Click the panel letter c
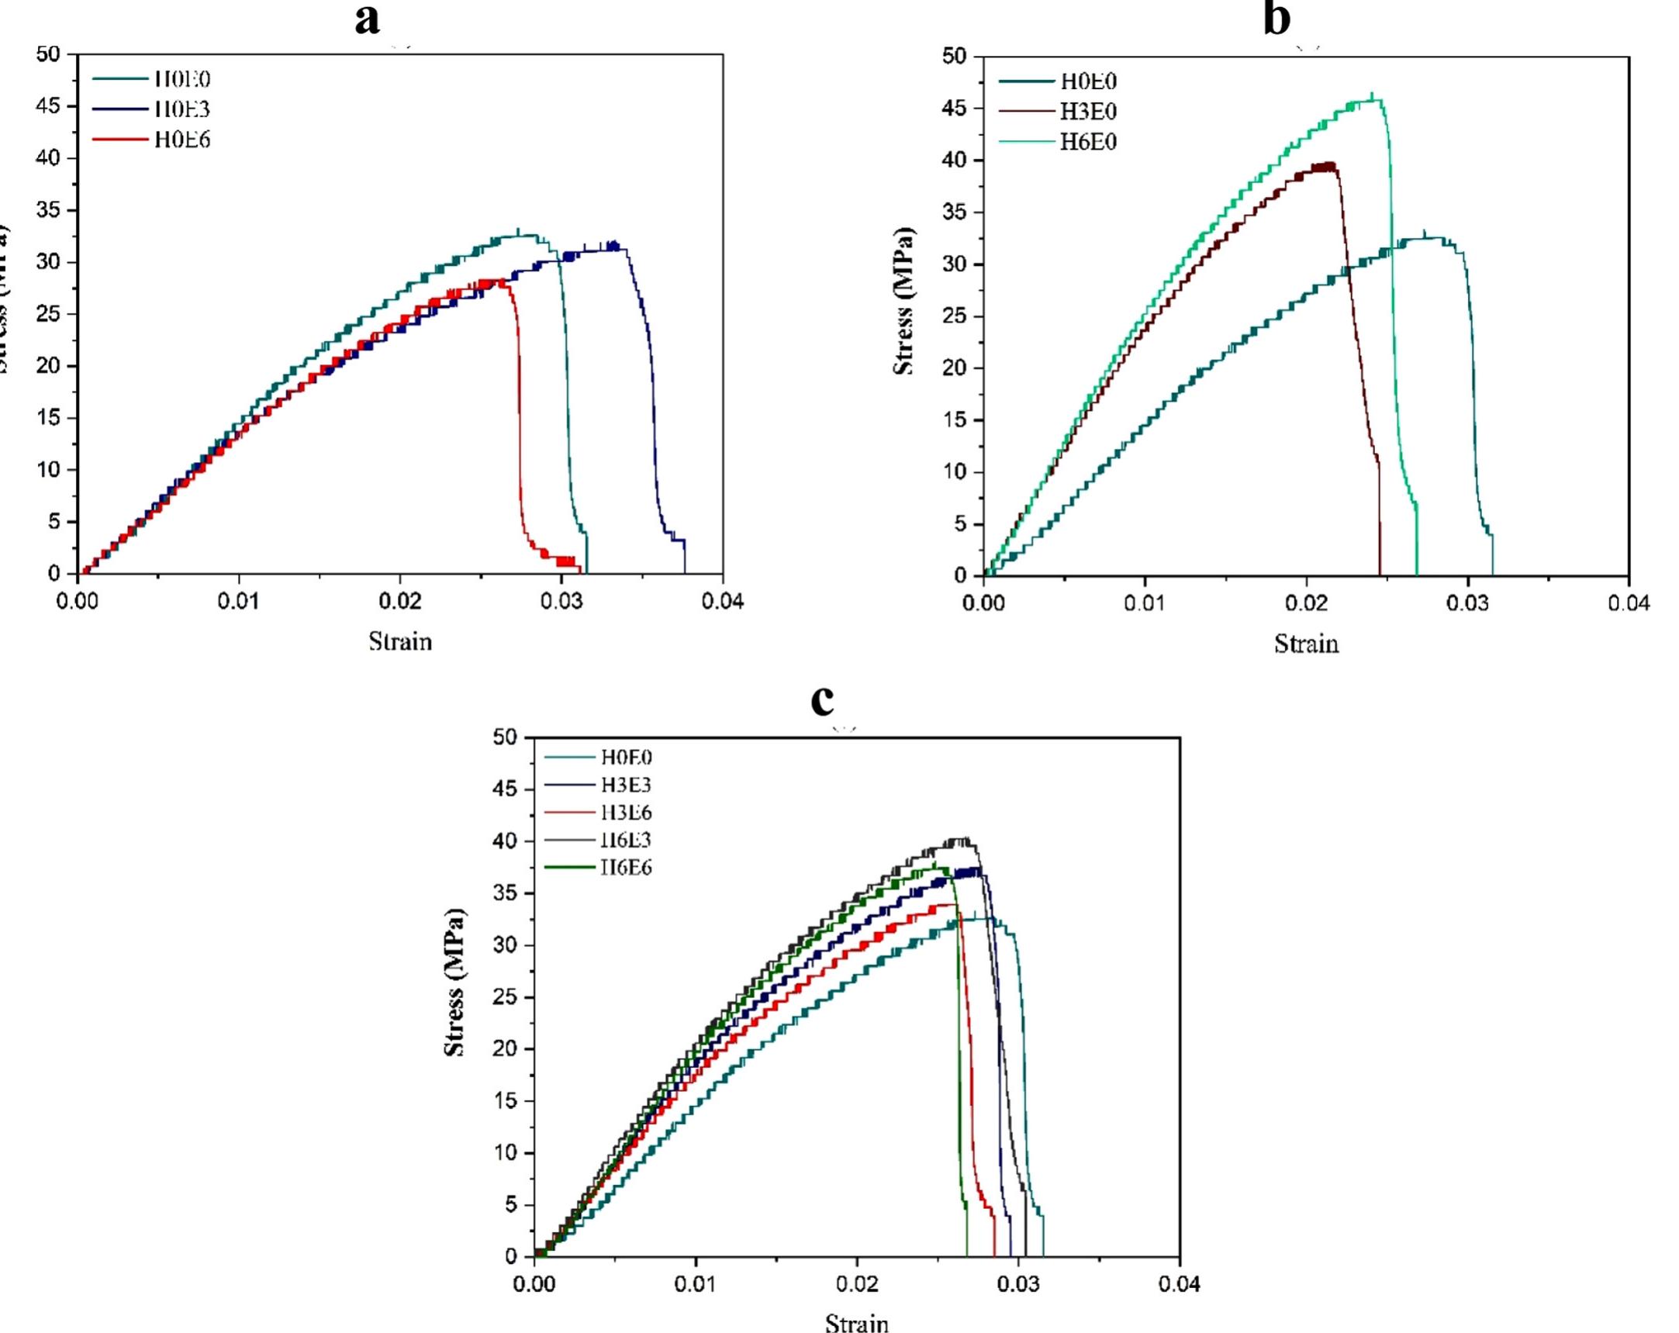click(822, 700)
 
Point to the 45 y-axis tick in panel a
click(48, 106)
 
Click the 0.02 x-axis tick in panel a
click(399, 602)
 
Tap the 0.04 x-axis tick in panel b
click(1628, 604)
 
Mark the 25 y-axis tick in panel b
click(955, 316)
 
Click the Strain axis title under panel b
click(1306, 644)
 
